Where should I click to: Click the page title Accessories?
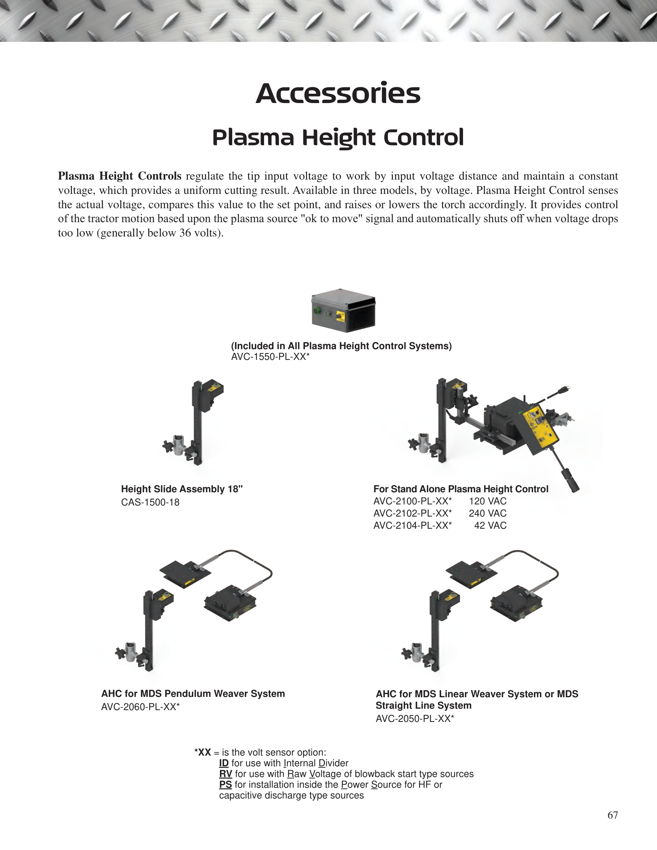338,93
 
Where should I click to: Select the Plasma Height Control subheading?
338,138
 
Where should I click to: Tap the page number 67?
613,815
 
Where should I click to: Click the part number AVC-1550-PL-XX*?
270,357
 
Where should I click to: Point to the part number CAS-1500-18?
150,502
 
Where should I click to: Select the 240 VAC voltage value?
488,513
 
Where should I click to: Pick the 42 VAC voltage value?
490,526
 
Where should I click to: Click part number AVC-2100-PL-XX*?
413,501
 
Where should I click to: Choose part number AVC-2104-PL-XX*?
413,526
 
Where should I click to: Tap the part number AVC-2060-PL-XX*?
140,707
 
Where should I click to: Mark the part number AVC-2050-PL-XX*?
415,718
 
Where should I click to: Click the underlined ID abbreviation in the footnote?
224,763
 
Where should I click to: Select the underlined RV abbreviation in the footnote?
226,774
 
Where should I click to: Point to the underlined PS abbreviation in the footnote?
225,785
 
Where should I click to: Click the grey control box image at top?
343,310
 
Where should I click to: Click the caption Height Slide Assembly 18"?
182,489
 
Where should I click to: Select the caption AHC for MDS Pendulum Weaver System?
193,694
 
